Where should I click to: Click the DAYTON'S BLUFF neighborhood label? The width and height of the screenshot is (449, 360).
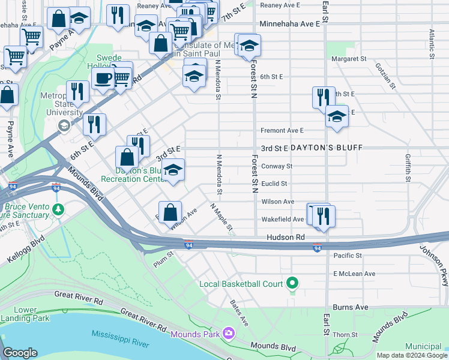click(x=325, y=148)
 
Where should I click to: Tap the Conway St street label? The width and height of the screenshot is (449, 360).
click(x=276, y=166)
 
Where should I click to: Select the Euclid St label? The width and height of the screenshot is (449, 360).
click(x=274, y=184)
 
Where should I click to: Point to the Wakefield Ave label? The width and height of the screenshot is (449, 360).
click(x=282, y=220)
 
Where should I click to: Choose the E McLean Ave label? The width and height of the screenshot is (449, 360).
click(x=354, y=274)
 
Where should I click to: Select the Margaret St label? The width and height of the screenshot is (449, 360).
click(x=348, y=59)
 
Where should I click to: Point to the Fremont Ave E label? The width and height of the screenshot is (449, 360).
click(x=282, y=130)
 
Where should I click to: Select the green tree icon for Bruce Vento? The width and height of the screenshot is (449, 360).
click(x=58, y=209)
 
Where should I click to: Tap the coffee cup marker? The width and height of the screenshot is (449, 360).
click(x=103, y=78)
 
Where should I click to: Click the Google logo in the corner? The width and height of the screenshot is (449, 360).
click(x=20, y=353)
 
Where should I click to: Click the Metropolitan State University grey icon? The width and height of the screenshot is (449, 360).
click(x=63, y=125)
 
